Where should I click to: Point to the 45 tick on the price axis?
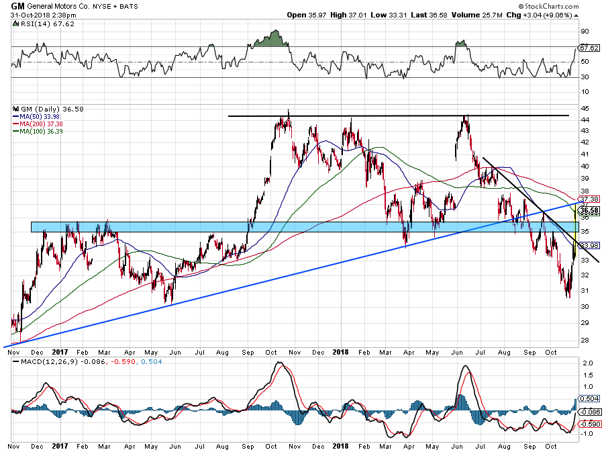click(x=585, y=109)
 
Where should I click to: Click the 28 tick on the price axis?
click(x=585, y=340)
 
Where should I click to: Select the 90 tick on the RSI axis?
click(x=585, y=31)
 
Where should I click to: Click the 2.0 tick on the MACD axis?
click(x=586, y=363)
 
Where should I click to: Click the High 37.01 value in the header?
click(x=342, y=14)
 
